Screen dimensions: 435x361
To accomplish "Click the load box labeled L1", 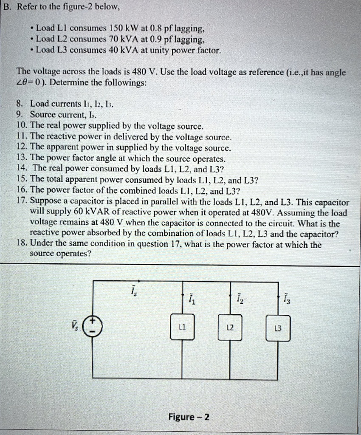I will [x=182, y=327].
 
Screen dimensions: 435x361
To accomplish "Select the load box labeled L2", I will [x=230, y=327].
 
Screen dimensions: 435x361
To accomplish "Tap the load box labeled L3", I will [x=278, y=328].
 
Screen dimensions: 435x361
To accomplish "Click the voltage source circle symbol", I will [x=92, y=326].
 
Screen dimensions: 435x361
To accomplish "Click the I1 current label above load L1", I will [x=192, y=298].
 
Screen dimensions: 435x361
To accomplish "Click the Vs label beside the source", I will [x=76, y=326].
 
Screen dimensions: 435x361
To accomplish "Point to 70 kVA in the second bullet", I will [x=118, y=40].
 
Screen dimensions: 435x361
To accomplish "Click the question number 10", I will [x=21, y=126].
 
